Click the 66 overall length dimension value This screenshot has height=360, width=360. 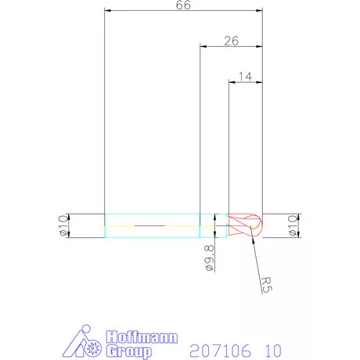(183, 5)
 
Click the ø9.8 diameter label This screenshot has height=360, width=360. (209, 256)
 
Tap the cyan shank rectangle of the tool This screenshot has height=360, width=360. (152, 225)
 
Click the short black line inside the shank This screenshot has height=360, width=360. (149, 225)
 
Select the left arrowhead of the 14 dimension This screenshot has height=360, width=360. (232, 81)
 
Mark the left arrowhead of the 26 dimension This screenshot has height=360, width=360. (203, 46)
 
